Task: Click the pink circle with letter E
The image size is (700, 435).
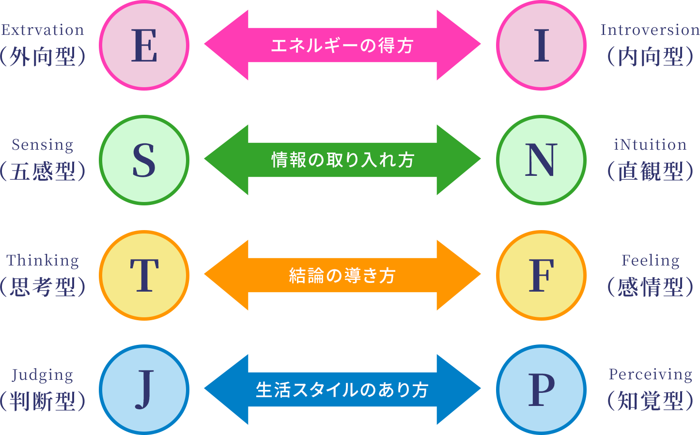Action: pos(144,46)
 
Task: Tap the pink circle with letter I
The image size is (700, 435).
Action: pos(541,46)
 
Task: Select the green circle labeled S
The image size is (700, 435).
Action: pos(144,160)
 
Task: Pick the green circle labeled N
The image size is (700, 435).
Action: pos(541,160)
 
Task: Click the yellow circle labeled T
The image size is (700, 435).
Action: pos(144,275)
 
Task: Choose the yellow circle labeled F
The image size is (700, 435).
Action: pos(541,275)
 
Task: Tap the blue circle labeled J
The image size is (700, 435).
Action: pos(144,389)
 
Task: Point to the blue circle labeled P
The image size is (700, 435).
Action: pos(541,389)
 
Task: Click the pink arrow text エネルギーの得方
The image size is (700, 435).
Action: pos(342,46)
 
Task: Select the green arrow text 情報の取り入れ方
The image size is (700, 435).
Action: pos(342,160)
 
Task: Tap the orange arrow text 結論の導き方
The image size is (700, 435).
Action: pos(342,275)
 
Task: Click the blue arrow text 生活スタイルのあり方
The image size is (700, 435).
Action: pos(342,390)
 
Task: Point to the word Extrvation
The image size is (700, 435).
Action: pos(43,30)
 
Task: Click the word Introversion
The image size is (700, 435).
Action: pos(650,30)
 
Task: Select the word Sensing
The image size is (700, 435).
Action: pos(43,145)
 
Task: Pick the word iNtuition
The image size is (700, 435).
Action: pos(650,145)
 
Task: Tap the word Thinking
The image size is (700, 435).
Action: pos(43,260)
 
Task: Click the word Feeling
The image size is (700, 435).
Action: pos(650,260)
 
